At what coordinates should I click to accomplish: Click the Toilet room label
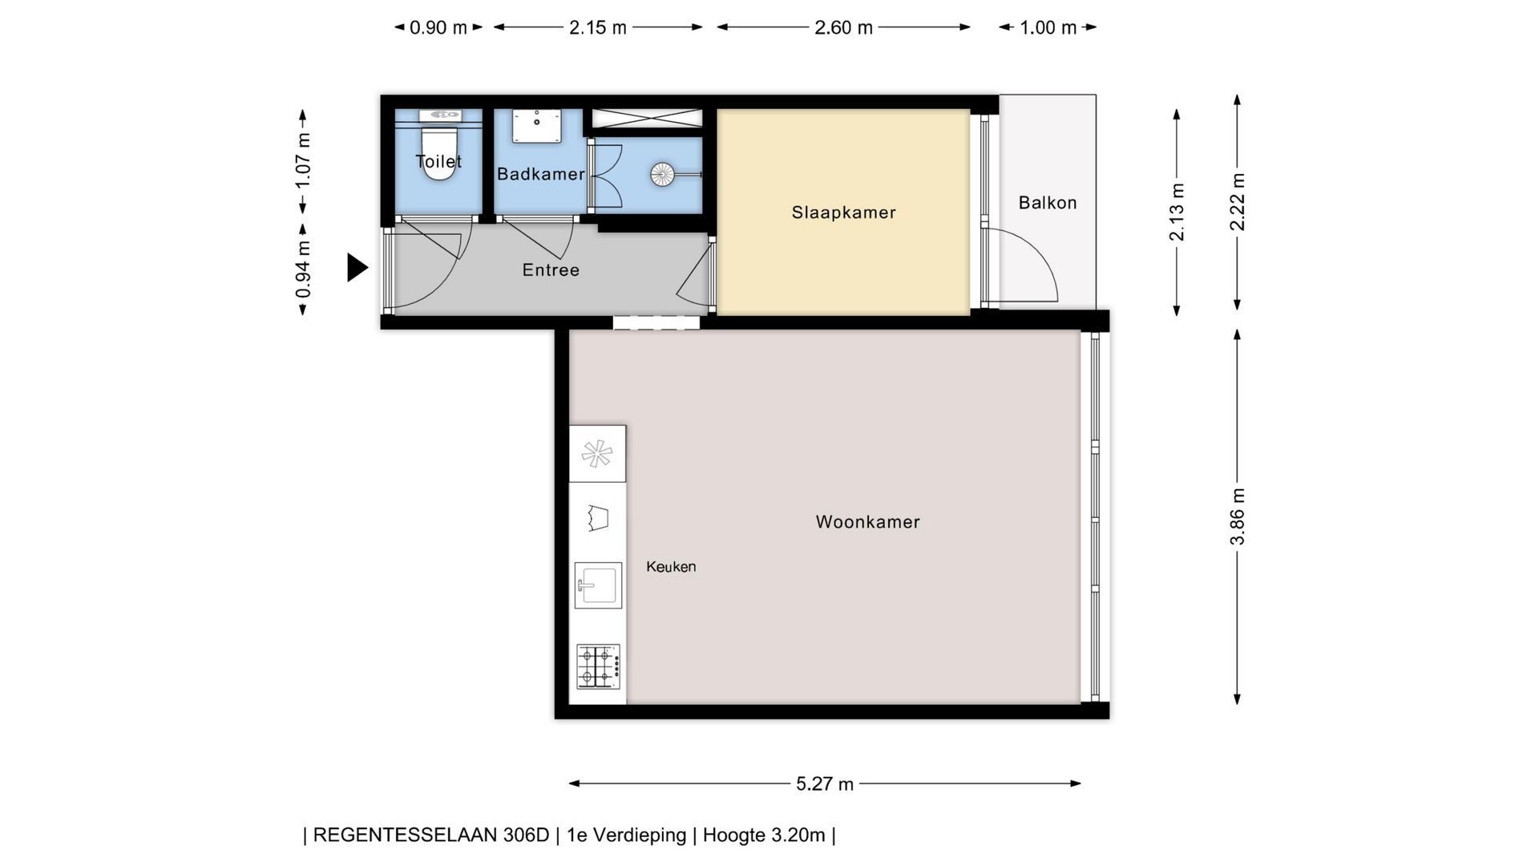(x=438, y=161)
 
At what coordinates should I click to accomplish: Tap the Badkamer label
(x=541, y=174)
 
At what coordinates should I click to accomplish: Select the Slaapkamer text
(x=843, y=212)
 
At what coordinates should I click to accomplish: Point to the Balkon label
(x=1048, y=203)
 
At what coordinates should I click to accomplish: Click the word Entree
(x=551, y=270)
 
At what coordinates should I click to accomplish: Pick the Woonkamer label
(x=867, y=522)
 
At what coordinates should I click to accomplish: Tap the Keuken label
(x=671, y=567)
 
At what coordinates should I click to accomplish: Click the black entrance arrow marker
(x=357, y=267)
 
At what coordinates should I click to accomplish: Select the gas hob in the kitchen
(x=598, y=666)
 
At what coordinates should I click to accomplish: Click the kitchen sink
(x=598, y=585)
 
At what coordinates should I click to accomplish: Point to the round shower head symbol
(x=663, y=175)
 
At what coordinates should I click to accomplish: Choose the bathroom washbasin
(x=537, y=127)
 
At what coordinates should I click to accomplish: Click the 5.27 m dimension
(x=825, y=783)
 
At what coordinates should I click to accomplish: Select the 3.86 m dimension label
(x=1238, y=516)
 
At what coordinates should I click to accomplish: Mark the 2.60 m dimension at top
(x=843, y=27)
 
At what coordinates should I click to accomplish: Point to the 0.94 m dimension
(x=303, y=269)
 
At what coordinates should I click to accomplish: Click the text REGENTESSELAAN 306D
(x=430, y=836)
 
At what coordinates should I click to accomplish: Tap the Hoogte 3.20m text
(x=764, y=836)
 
